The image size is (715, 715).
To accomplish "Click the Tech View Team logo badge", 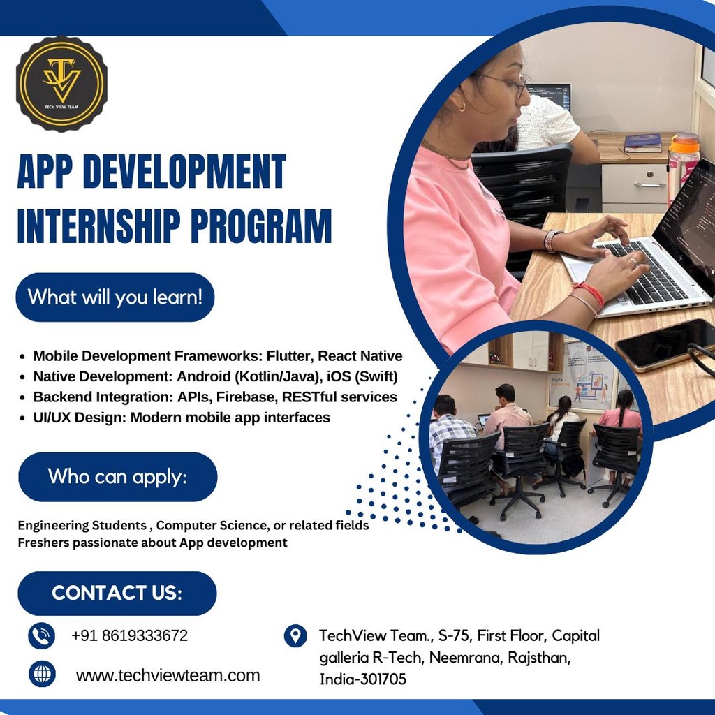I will (x=61, y=84).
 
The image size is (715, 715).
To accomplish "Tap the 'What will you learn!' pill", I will (x=115, y=297).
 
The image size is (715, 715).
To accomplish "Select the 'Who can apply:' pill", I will (x=117, y=477).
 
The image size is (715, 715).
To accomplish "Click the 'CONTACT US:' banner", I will (x=117, y=593).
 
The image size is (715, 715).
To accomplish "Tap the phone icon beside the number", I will (x=42, y=636).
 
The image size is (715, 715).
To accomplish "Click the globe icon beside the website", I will (x=42, y=675).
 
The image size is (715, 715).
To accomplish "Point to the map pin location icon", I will (x=296, y=635).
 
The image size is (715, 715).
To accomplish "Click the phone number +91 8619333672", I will (x=129, y=636).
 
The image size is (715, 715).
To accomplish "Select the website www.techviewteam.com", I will (x=168, y=675).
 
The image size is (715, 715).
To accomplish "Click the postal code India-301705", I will (x=362, y=679).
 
